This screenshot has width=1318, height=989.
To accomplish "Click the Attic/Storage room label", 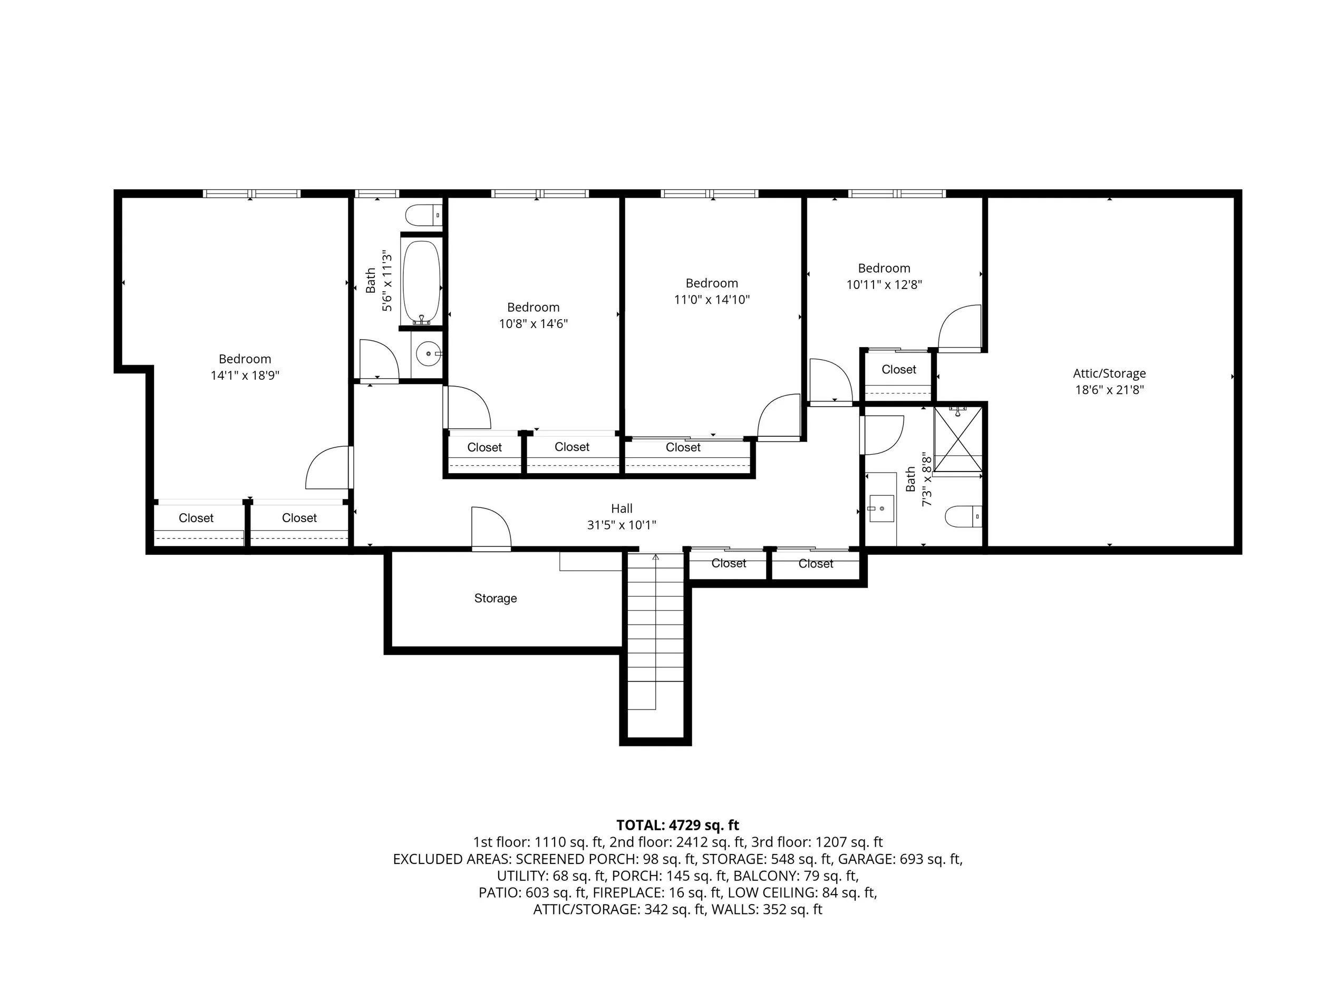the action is [1109, 374].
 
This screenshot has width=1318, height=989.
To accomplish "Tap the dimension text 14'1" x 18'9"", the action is [245, 376].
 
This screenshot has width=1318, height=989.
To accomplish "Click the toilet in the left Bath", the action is [424, 215].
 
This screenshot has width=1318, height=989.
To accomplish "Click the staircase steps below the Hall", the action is [655, 641].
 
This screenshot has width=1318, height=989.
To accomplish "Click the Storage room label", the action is [495, 598].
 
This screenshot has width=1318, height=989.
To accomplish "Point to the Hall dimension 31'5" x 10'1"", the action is [622, 525].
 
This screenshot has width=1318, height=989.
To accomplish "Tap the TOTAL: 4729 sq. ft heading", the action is [677, 825].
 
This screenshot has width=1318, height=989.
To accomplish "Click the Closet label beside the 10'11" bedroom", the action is [898, 370].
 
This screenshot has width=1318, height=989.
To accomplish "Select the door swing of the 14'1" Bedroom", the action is [328, 468].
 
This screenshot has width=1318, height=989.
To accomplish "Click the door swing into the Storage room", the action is [491, 528].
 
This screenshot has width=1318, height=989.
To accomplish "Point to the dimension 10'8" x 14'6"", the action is [534, 324].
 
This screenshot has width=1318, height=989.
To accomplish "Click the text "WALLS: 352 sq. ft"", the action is [767, 909].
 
